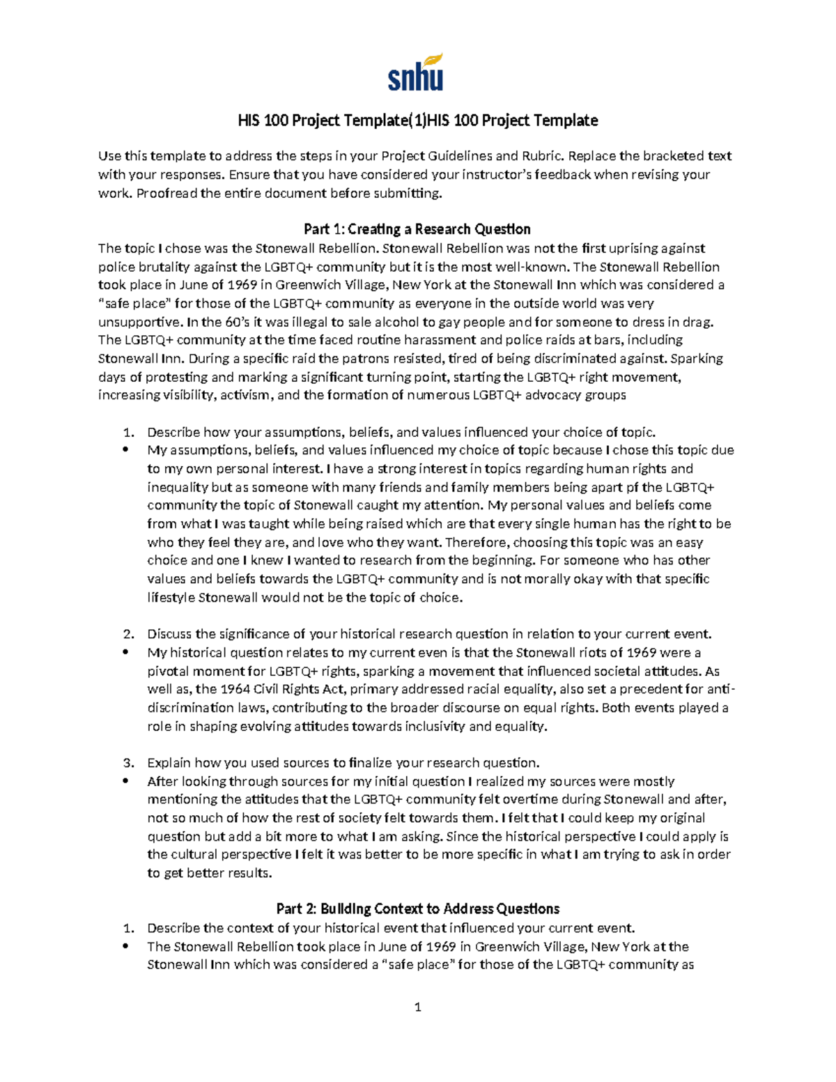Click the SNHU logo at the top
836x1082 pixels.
coord(416,72)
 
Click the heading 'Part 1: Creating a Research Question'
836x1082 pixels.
coord(417,229)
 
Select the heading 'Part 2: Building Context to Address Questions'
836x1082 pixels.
coord(417,909)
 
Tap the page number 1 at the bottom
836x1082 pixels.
coord(417,1007)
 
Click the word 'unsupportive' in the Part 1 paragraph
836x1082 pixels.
coord(138,322)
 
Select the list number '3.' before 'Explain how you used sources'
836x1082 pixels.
coord(128,763)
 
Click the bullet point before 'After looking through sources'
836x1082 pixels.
coord(126,781)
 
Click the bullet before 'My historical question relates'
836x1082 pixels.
coord(126,653)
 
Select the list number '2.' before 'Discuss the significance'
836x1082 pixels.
coord(128,634)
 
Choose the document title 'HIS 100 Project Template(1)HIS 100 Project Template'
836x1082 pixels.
coord(417,121)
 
